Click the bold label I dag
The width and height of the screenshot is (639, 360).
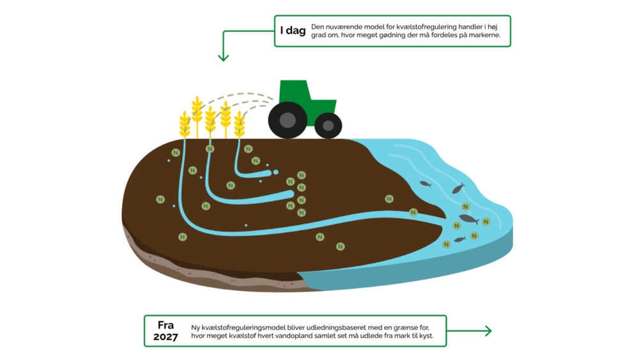292,31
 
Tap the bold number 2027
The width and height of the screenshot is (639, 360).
166,337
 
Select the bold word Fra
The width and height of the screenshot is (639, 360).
166,324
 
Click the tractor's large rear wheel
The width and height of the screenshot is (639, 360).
288,120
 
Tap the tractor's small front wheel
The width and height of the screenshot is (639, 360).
328,125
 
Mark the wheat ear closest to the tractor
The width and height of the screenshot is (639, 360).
240,123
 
